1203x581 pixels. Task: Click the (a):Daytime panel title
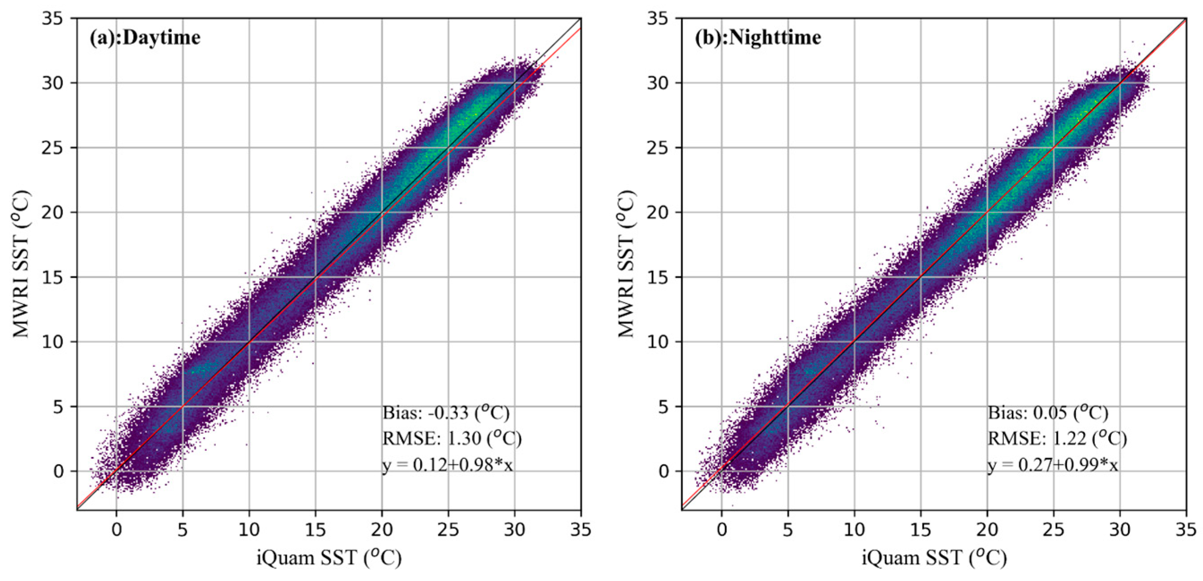pyautogui.click(x=145, y=38)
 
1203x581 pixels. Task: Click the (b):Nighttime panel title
pyautogui.click(x=758, y=38)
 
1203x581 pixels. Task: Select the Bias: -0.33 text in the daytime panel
pyautogui.click(x=445, y=413)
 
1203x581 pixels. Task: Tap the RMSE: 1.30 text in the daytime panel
pyautogui.click(x=452, y=438)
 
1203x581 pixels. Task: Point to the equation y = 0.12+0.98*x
pyautogui.click(x=448, y=465)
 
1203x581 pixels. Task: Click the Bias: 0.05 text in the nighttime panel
pyautogui.click(x=1048, y=413)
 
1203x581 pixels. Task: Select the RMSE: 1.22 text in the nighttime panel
pyautogui.click(x=1057, y=438)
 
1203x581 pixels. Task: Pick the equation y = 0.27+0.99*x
pyautogui.click(x=1052, y=465)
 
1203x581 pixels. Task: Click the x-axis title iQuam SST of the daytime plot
pyautogui.click(x=329, y=558)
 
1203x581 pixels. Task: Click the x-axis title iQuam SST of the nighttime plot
pyautogui.click(x=934, y=558)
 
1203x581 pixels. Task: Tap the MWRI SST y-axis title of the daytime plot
pyautogui.click(x=21, y=263)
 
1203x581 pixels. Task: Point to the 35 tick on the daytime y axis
pyautogui.click(x=53, y=19)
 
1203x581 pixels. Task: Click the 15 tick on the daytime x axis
pyautogui.click(x=315, y=530)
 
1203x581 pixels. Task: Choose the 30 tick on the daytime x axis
pyautogui.click(x=515, y=530)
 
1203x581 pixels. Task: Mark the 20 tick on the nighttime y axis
pyautogui.click(x=658, y=212)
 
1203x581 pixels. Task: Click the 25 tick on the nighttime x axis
pyautogui.click(x=1053, y=530)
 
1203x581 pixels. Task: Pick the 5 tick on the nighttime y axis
pyautogui.click(x=664, y=407)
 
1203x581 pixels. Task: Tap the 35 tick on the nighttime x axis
pyautogui.click(x=1186, y=530)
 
